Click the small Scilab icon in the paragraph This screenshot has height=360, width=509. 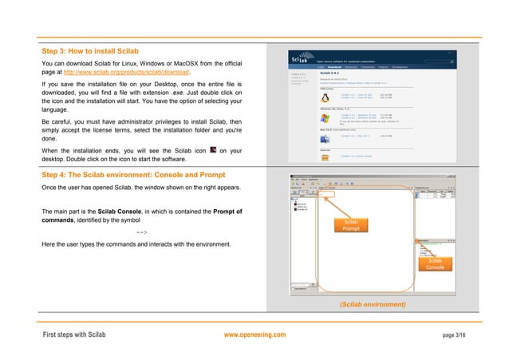(x=211, y=149)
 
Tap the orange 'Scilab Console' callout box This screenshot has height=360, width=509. (x=435, y=264)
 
